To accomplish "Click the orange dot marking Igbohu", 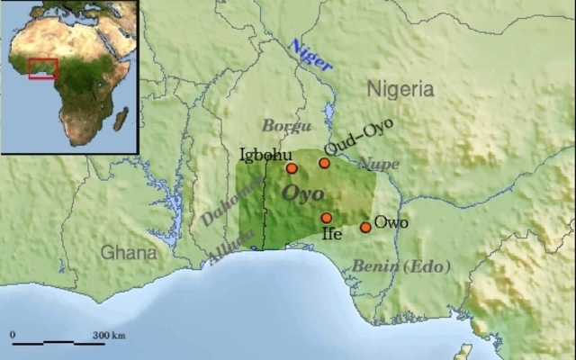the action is (292, 168).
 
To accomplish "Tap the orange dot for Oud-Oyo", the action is (324, 163).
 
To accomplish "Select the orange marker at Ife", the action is (327, 218).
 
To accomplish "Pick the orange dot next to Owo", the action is (365, 227).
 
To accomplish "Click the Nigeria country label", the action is (400, 90).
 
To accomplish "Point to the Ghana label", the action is (128, 252).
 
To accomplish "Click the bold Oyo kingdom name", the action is (303, 193).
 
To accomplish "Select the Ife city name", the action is (331, 233).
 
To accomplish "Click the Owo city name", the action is (391, 221).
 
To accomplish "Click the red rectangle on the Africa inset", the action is (42, 69).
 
